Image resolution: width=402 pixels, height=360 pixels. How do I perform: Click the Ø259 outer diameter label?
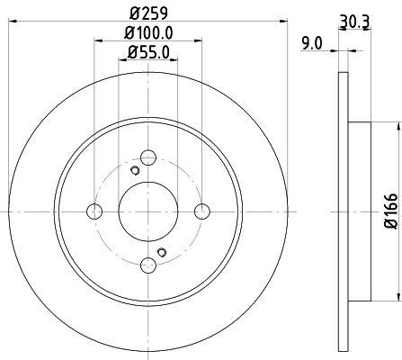click(147, 13)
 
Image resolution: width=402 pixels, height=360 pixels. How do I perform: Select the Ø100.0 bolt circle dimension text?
click(147, 34)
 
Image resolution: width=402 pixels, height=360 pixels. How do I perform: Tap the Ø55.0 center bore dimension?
click(147, 54)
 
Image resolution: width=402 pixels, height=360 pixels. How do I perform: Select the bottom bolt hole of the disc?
click(147, 263)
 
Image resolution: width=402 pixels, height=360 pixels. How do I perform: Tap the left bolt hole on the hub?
click(94, 211)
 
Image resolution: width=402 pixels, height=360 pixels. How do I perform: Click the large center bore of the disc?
click(147, 211)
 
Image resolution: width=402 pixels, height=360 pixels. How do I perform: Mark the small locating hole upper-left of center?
click(135, 172)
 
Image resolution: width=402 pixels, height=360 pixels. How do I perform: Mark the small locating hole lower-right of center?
click(161, 251)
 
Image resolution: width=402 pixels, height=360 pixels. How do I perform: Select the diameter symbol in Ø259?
click(135, 13)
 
